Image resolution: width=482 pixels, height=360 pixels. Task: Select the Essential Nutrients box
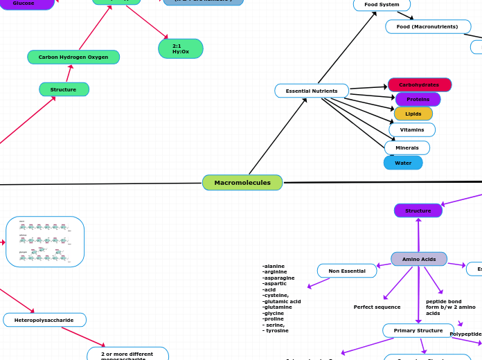312,91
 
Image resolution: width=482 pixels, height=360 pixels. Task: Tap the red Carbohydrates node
419,84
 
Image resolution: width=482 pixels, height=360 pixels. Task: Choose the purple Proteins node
418,99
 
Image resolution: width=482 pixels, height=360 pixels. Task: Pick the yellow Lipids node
413,114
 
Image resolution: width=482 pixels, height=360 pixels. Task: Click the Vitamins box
412,129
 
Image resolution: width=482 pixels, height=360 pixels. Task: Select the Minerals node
407,147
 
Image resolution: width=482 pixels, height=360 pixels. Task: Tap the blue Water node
403,163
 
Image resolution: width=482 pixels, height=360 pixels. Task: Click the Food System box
382,5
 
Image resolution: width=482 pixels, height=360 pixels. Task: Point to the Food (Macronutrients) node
427,26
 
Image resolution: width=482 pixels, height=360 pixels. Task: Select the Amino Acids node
419,259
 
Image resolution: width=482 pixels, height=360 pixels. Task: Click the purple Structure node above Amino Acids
418,210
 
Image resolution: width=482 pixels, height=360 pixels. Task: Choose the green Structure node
64,89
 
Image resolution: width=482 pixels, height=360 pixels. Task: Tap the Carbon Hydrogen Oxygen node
73,57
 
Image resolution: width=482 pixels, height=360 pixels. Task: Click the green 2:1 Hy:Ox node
181,48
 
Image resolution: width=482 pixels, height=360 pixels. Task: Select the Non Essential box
347,271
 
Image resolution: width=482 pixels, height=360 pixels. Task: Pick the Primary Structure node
418,330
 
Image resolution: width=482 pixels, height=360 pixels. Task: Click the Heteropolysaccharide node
44,320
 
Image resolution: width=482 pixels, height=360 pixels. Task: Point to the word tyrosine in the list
278,331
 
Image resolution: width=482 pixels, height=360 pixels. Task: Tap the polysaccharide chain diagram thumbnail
45,242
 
